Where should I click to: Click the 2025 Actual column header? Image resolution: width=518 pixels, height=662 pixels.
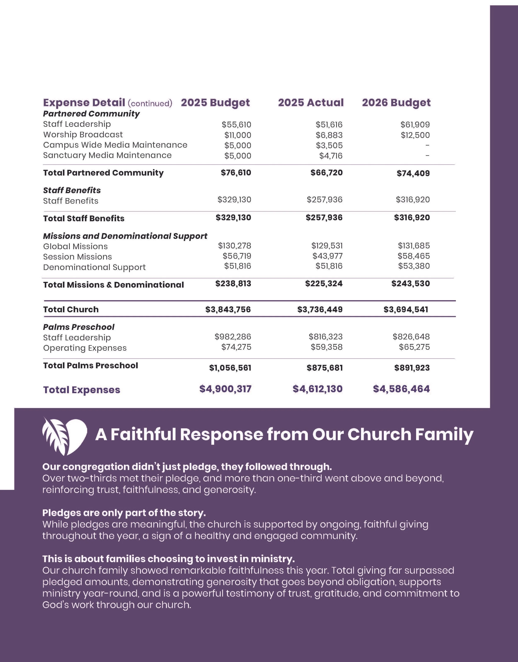(x=311, y=103)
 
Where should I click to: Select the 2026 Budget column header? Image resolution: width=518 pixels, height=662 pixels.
(x=396, y=103)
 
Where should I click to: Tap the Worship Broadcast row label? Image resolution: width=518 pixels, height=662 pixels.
(x=83, y=135)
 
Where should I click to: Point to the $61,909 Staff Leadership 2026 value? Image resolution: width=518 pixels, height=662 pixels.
(x=415, y=125)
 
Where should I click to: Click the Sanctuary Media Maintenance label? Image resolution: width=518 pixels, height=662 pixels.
(x=107, y=155)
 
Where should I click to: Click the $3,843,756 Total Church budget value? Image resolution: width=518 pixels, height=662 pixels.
(x=228, y=310)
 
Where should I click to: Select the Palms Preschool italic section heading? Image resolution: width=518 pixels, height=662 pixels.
(x=79, y=327)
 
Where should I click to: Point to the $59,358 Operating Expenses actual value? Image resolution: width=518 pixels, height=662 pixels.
(x=326, y=347)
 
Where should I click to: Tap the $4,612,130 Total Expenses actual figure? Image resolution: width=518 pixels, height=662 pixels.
(x=317, y=389)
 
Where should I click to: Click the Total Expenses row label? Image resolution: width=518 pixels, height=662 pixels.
(x=81, y=390)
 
